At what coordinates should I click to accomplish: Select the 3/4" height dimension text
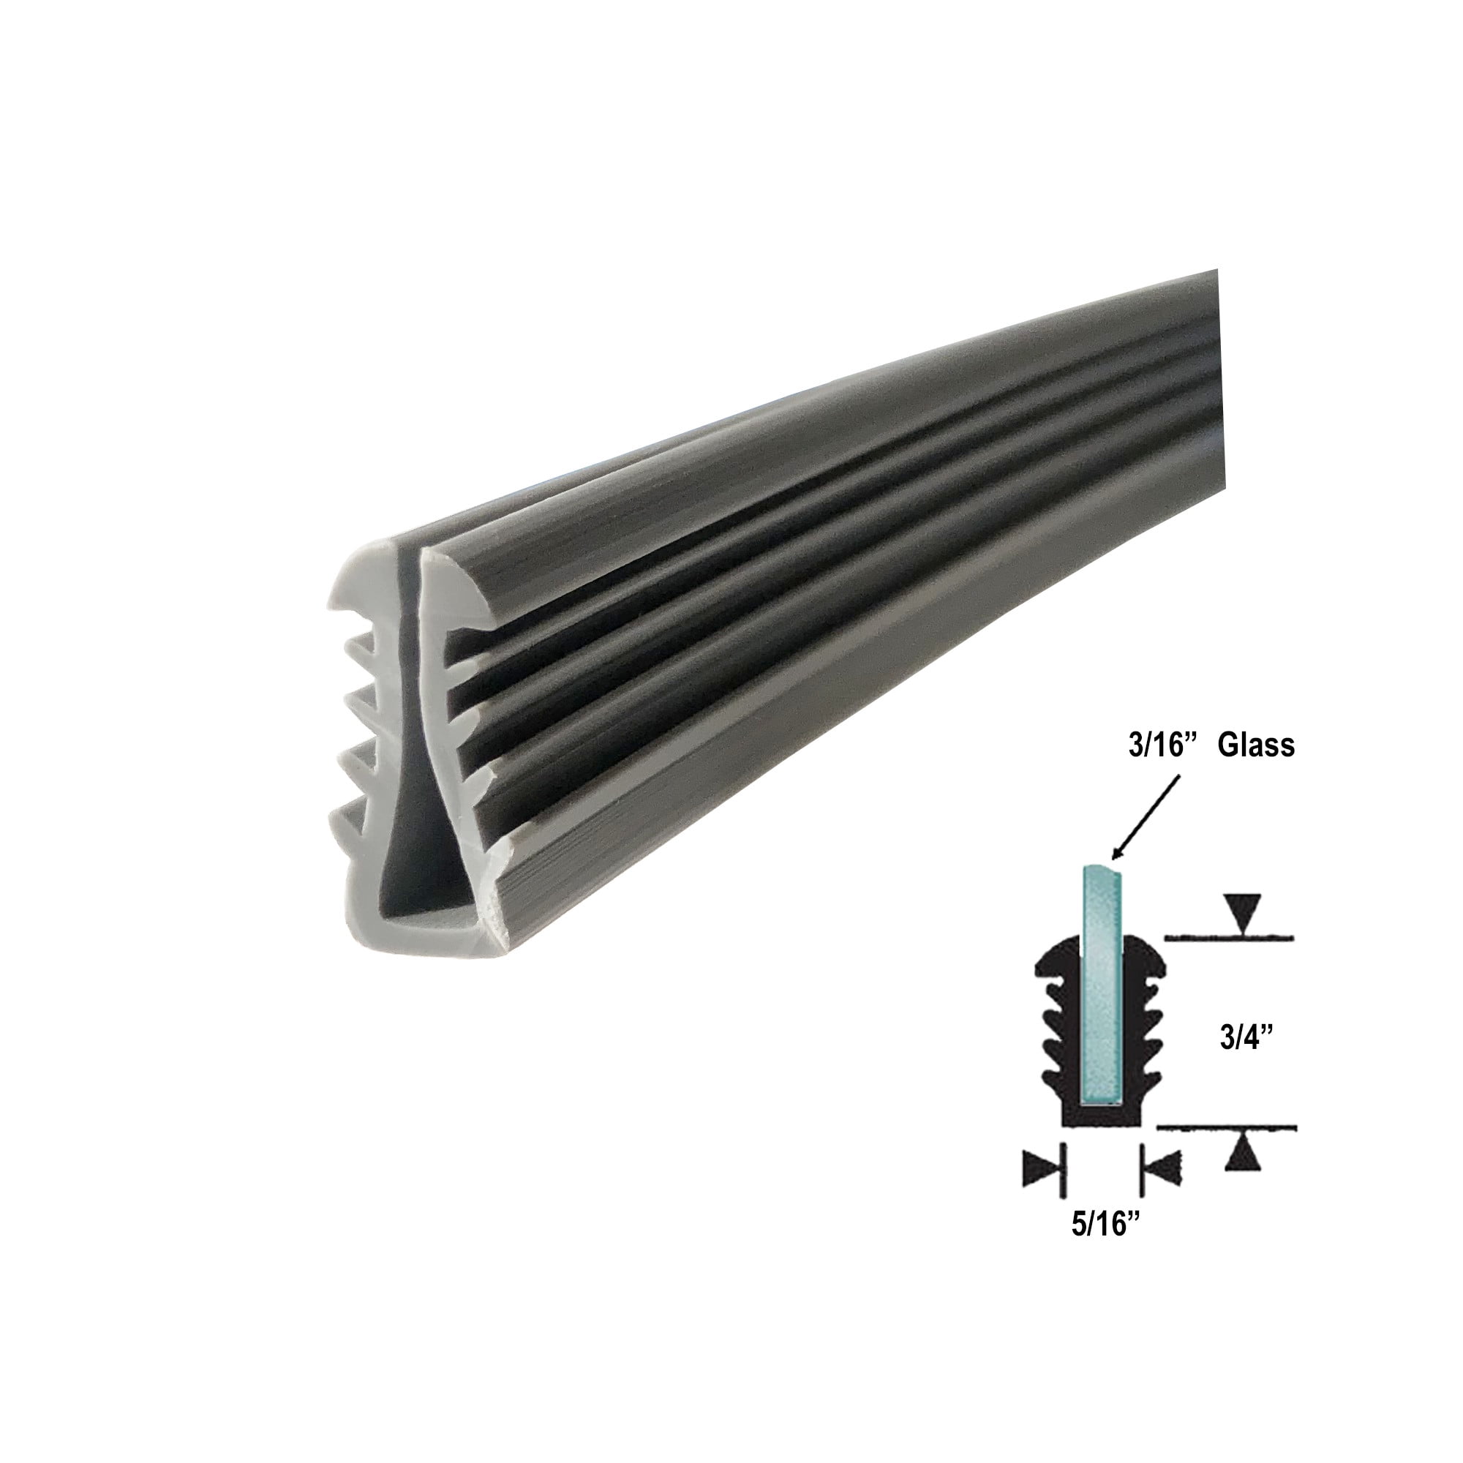(1244, 1039)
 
